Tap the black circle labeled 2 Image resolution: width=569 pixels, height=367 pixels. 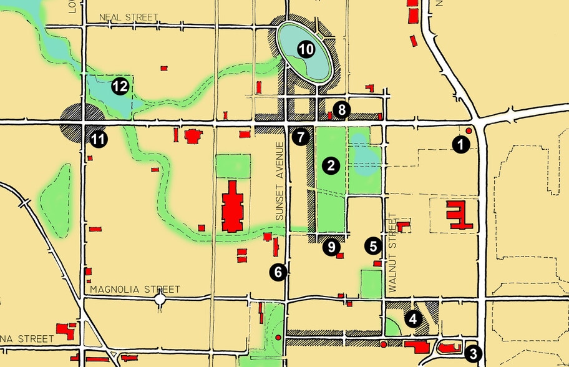click(x=331, y=165)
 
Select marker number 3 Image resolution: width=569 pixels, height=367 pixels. click(x=474, y=353)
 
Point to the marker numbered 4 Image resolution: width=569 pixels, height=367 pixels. click(x=412, y=319)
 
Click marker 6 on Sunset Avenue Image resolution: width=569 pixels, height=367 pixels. click(x=278, y=272)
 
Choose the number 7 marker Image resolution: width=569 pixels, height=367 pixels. click(x=301, y=135)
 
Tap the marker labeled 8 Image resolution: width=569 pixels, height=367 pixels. click(x=341, y=110)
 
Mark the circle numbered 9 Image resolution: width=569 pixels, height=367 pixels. click(x=331, y=247)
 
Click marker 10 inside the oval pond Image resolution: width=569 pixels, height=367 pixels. click(x=305, y=50)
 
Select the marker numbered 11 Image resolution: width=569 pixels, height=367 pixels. click(x=97, y=139)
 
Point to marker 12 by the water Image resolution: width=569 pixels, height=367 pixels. click(x=120, y=86)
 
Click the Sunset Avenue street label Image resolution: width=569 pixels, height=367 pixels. click(x=280, y=181)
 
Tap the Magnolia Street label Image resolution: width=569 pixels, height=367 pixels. click(x=135, y=290)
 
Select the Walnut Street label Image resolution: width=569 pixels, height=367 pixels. click(x=392, y=253)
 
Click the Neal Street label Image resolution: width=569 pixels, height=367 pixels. click(x=129, y=17)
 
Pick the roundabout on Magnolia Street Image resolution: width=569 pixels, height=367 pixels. click(x=160, y=300)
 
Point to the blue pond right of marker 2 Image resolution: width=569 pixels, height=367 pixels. click(x=363, y=152)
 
